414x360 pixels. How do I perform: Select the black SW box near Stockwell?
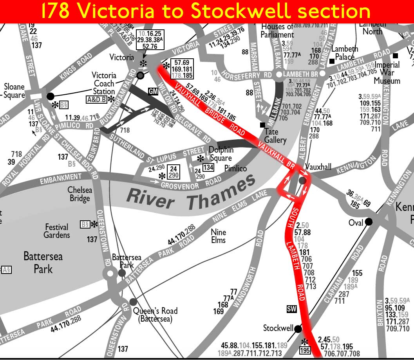[x=291, y=310]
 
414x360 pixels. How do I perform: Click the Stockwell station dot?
[x=298, y=329]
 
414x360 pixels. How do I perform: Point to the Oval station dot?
[x=369, y=222]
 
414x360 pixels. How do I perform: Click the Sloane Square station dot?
[x=50, y=96]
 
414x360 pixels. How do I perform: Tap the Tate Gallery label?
[x=275, y=136]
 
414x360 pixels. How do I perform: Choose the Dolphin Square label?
[x=221, y=154]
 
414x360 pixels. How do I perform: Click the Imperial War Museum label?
[x=387, y=73]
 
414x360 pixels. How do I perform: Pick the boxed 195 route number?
[x=306, y=351]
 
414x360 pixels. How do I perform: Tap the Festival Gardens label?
[x=57, y=231]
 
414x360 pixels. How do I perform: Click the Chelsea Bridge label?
[x=80, y=194]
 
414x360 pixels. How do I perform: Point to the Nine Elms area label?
[x=218, y=236]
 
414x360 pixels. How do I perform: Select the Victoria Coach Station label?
[x=104, y=83]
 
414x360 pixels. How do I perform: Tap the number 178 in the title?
[x=55, y=11]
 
